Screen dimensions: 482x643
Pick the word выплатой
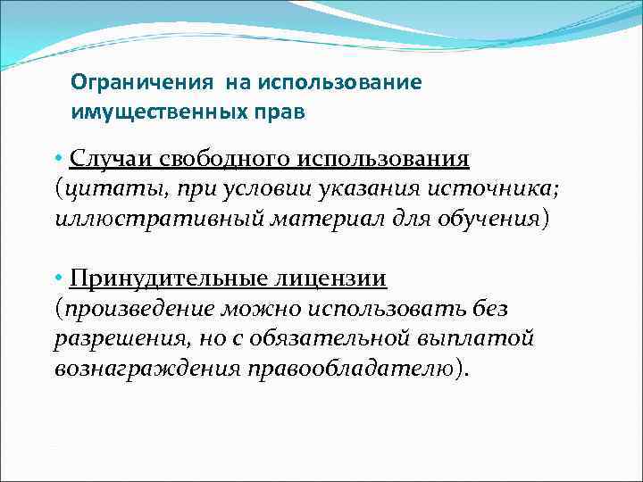[480, 339]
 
